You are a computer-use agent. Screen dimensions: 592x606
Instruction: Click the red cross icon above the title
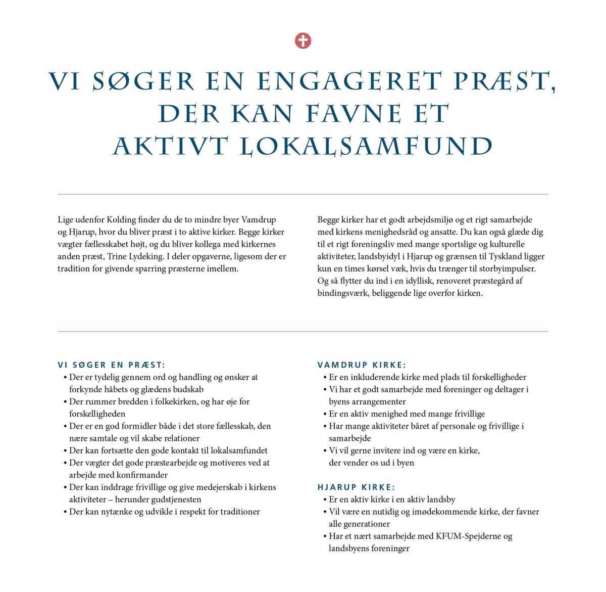(x=303, y=40)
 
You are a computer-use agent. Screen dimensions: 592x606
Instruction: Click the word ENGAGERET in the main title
(x=349, y=82)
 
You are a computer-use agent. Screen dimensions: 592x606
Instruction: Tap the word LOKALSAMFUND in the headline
(x=366, y=147)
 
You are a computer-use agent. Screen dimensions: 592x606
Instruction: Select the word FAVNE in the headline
(x=353, y=114)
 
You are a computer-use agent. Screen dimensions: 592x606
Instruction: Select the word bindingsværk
(x=343, y=293)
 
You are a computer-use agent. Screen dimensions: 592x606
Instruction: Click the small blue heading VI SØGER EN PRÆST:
(x=111, y=365)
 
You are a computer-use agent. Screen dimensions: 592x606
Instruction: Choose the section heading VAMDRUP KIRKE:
(x=362, y=365)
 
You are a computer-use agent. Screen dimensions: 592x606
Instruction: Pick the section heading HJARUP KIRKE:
(x=356, y=487)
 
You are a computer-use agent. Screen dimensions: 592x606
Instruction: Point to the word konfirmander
(x=142, y=475)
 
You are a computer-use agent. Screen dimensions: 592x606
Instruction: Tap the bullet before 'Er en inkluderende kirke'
(x=325, y=378)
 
